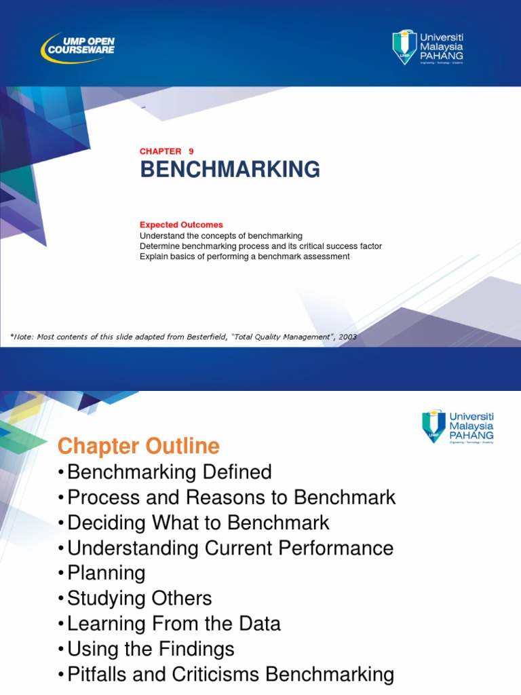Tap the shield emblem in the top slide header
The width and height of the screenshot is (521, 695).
pyautogui.click(x=405, y=45)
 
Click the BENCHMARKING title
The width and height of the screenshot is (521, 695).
pyautogui.click(x=230, y=170)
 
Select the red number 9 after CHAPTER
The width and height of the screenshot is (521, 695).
pyautogui.click(x=191, y=151)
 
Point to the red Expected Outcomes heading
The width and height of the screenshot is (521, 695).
pyautogui.click(x=181, y=225)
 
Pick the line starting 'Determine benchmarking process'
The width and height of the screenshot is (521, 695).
pyautogui.click(x=260, y=246)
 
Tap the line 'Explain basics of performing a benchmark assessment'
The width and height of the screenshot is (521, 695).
pyautogui.click(x=244, y=257)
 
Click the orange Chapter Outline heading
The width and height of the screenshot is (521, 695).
pyautogui.click(x=138, y=447)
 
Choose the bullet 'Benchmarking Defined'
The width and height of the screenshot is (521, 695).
pyautogui.click(x=170, y=472)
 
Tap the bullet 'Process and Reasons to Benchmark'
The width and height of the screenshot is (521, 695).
pyautogui.click(x=231, y=497)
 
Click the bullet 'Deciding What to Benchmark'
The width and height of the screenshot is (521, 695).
pyautogui.click(x=198, y=523)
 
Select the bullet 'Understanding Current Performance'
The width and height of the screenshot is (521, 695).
pyautogui.click(x=230, y=548)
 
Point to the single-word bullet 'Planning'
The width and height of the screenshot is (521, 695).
pyautogui.click(x=107, y=574)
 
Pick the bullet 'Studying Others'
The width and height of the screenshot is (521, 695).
pyautogui.click(x=140, y=599)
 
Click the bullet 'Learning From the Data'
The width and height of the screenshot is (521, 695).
pyautogui.click(x=174, y=624)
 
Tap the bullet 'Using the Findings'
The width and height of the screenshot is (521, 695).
pyautogui.click(x=151, y=650)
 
